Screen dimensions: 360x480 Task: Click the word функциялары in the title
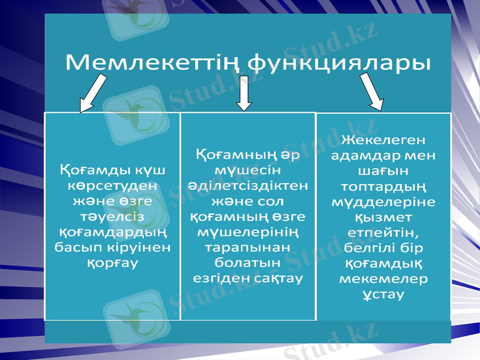click(339, 62)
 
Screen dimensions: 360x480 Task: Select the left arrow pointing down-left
click(94, 94)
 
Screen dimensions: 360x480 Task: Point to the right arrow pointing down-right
click(373, 92)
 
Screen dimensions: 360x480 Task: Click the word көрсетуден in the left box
click(113, 185)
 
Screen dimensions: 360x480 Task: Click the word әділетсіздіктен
click(248, 185)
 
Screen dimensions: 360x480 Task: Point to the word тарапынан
click(248, 247)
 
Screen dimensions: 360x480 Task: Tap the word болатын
click(248, 263)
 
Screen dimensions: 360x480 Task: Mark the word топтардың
click(383, 186)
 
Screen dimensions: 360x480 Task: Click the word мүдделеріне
click(383, 202)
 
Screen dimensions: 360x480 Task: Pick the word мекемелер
click(383, 279)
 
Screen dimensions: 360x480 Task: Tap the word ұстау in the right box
click(383, 295)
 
